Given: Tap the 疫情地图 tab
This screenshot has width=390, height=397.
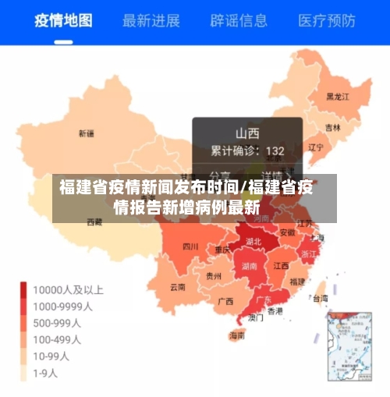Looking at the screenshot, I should coord(62,20).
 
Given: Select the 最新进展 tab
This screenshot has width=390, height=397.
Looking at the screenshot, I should coord(151,20).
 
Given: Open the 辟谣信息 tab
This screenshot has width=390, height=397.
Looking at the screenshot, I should coord(239,20).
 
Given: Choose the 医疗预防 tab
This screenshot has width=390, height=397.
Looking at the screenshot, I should coord(328,20).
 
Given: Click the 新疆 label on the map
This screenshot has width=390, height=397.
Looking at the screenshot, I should coord(86,133).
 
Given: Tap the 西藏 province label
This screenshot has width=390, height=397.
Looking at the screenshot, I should coord(94,222).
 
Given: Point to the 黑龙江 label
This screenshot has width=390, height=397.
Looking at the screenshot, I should coord(338,97).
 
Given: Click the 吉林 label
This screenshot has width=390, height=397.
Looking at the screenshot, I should coord(333,127).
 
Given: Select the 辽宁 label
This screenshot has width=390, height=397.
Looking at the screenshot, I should coord(316,147).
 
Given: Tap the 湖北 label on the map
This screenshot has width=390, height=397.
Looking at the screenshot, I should coord(253,242).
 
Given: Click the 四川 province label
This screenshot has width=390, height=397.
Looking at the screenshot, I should coord(190,247).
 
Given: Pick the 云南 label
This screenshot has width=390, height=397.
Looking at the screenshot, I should coord(178,286).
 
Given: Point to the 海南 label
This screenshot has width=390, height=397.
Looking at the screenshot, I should coord(237,336).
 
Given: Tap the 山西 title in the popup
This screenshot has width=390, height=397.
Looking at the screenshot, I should coord(247,133).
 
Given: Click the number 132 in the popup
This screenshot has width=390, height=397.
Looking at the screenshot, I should coord(275,151).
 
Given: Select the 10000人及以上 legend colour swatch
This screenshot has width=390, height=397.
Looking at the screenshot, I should coord(25,290).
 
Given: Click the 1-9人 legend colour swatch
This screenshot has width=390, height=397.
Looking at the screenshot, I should coord(25,373).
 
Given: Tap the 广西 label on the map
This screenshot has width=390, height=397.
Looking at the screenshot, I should coord(225,301).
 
